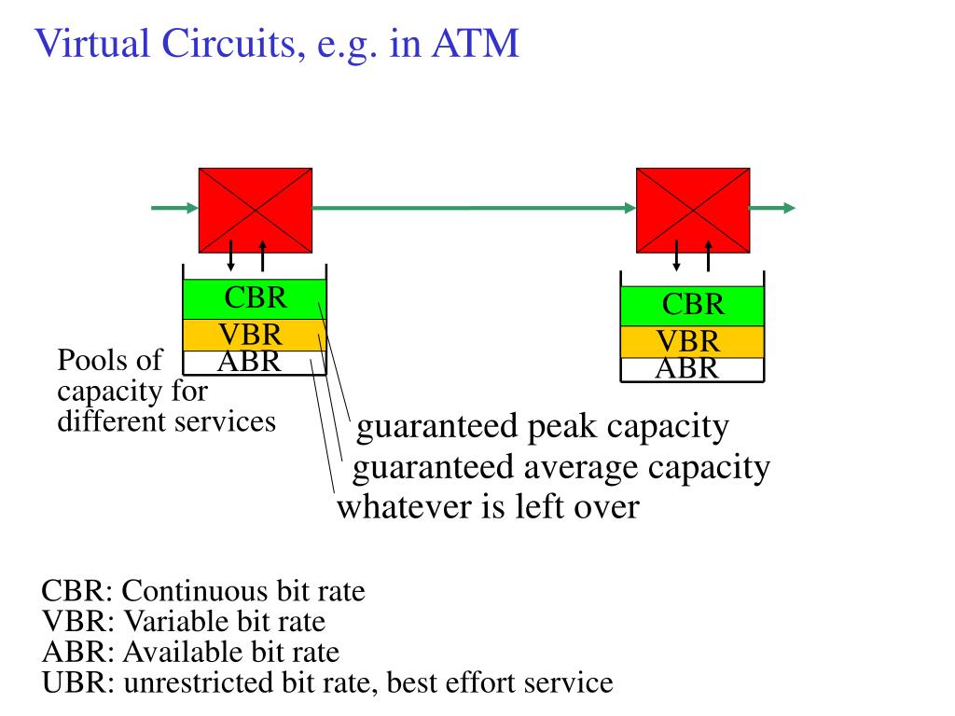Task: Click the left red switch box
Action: tap(256, 210)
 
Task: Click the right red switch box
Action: tap(693, 210)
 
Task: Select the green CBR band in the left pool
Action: tap(255, 299)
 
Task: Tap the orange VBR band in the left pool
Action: tap(255, 335)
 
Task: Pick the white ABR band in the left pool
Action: tap(255, 363)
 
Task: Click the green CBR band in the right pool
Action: tap(692, 306)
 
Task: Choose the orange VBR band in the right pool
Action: tap(692, 341)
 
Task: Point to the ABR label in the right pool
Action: tap(687, 368)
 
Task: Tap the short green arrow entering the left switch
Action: tap(174, 208)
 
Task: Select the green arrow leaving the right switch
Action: tap(773, 208)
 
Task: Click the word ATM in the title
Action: tap(476, 43)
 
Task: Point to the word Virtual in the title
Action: tap(92, 43)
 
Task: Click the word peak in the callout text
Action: tap(561, 428)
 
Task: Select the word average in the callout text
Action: tap(581, 469)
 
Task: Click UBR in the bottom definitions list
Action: tap(74, 682)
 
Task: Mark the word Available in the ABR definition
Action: tap(184, 652)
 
